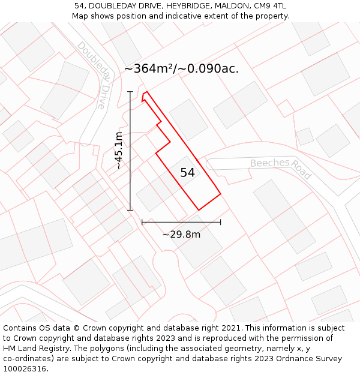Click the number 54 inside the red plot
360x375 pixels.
pyautogui.click(x=187, y=173)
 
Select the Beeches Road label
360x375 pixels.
pyautogui.click(x=281, y=168)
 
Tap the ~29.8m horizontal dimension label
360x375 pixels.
pyautogui.click(x=181, y=235)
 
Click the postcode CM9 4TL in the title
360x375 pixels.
pyautogui.click(x=270, y=6)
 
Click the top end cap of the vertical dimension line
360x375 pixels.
pyautogui.click(x=130, y=92)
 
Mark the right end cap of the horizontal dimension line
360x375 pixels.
pyautogui.click(x=221, y=222)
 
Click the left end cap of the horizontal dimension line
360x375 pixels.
pyautogui.click(x=142, y=222)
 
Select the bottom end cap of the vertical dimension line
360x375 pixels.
pyautogui.click(x=130, y=210)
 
